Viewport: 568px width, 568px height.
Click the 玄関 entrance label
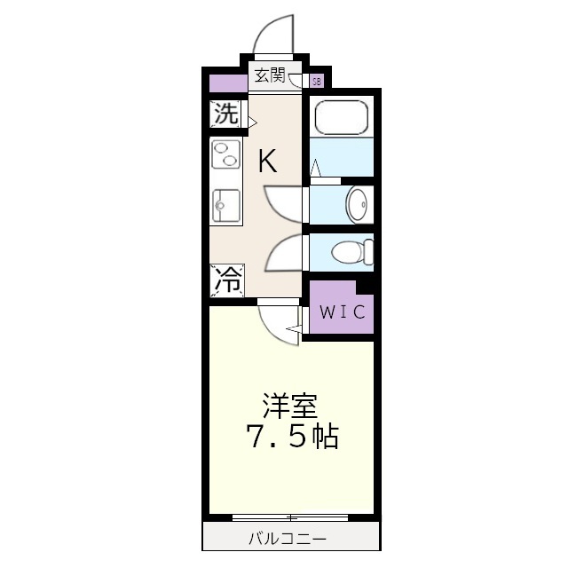pyautogui.click(x=270, y=75)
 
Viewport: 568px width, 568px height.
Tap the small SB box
pyautogui.click(x=317, y=82)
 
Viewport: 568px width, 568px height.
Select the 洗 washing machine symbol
pyautogui.click(x=226, y=114)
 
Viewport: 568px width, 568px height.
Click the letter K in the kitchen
pyautogui.click(x=267, y=161)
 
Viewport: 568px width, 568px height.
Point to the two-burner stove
pyautogui.click(x=225, y=155)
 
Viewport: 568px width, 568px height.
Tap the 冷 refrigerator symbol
pyautogui.click(x=226, y=280)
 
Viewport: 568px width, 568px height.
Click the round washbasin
pyautogui.click(x=358, y=205)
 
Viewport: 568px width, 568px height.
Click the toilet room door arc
pyautogui.click(x=285, y=252)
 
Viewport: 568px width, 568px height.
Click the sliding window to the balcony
pyautogui.click(x=289, y=517)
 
